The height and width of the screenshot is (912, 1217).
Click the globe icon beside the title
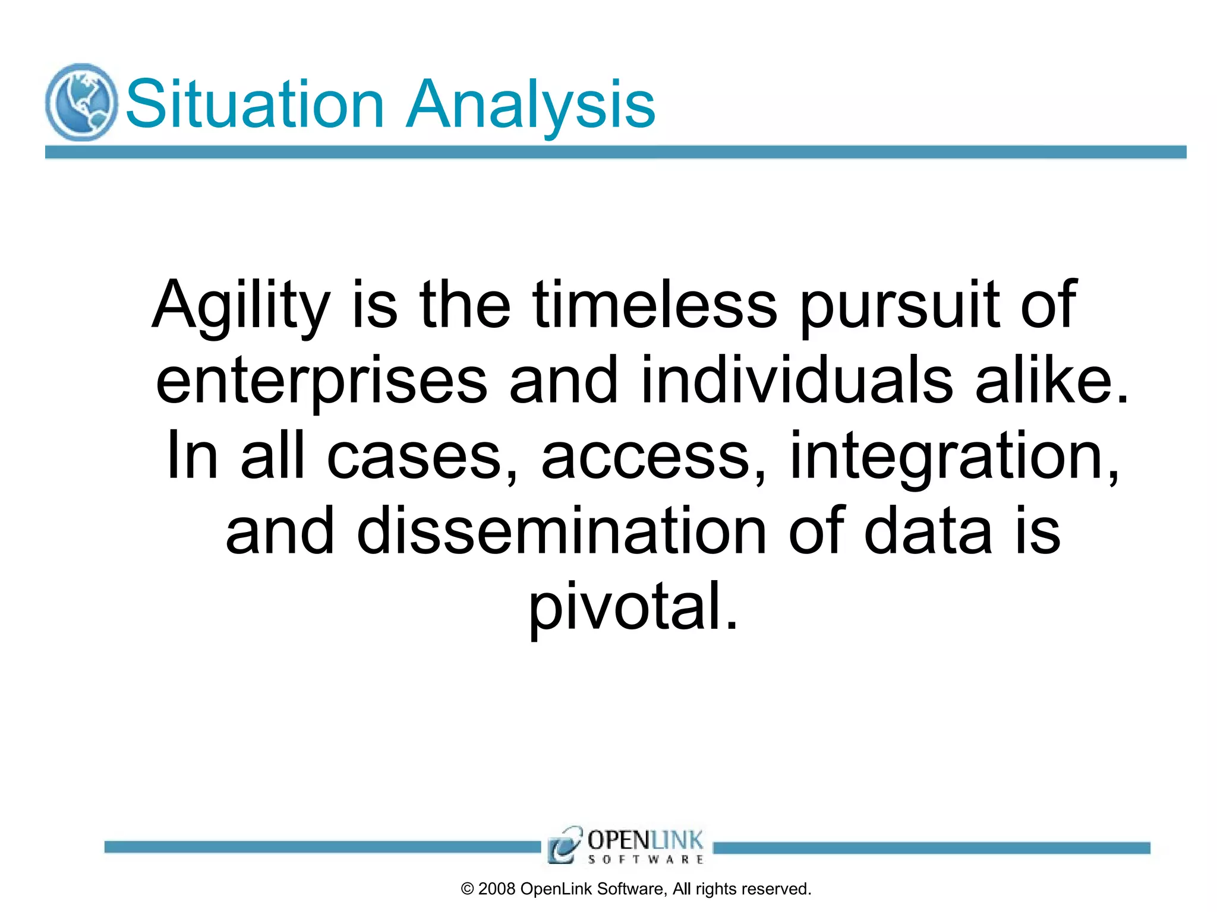click(81, 102)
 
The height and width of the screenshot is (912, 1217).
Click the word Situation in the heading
click(255, 104)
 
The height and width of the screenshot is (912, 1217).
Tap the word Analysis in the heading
click(530, 104)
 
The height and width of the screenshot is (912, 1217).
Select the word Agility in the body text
click(241, 305)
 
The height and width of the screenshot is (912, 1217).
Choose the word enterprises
click(321, 380)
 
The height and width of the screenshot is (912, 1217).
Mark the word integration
click(954, 456)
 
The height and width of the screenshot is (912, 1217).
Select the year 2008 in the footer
click(497, 889)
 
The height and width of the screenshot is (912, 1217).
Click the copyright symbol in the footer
click(468, 889)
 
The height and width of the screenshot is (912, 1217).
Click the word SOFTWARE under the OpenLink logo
click(646, 859)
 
